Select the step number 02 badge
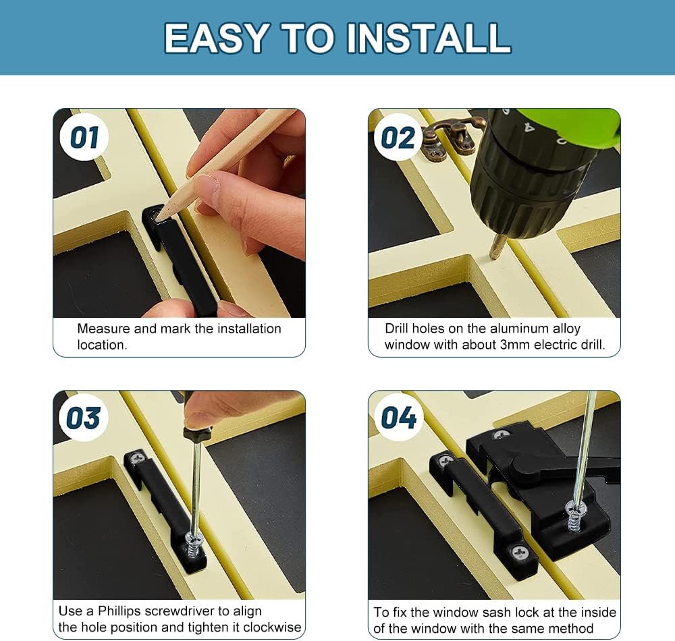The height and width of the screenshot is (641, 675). point(398,138)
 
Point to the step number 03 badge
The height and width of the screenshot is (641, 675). point(84,418)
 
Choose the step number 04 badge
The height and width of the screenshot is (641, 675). point(398,418)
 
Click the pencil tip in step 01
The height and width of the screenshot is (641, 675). point(160,215)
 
